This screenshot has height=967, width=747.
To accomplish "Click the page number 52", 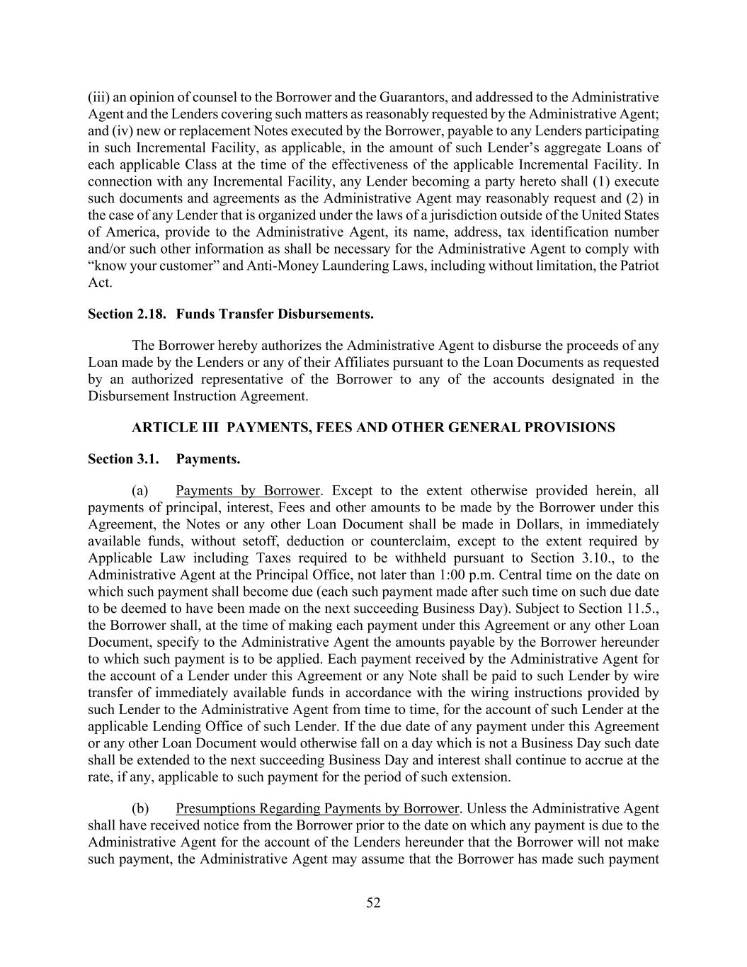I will coord(373,903).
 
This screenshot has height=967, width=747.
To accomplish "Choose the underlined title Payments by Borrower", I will coord(248,491).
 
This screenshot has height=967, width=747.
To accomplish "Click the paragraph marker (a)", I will coord(140,491).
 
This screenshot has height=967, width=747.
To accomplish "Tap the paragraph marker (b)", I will coord(140,808).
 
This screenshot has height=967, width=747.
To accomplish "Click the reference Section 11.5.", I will coord(625,609).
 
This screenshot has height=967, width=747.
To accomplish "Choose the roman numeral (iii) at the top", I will coord(98,97).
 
